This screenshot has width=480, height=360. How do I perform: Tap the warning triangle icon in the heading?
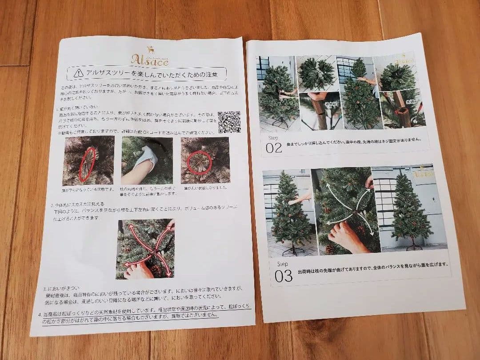pos(79,72)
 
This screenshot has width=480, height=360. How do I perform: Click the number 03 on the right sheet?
pos(284,276)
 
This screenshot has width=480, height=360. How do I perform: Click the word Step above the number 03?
pos(283,264)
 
